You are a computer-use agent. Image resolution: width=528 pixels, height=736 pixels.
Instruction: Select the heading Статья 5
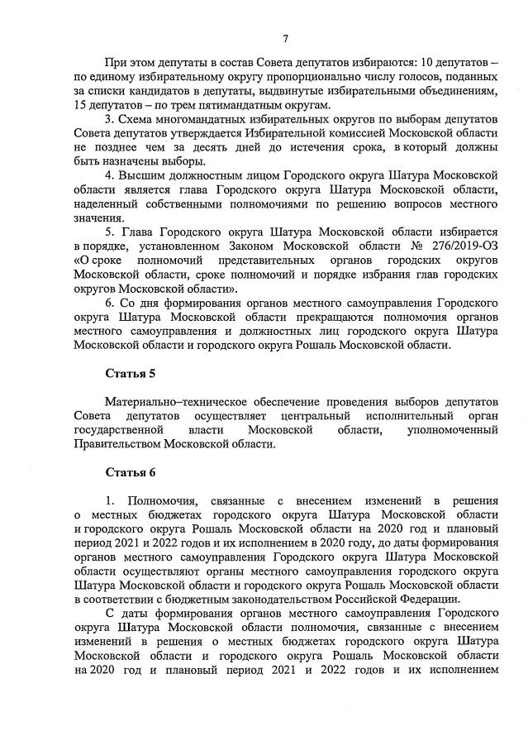click(130, 375)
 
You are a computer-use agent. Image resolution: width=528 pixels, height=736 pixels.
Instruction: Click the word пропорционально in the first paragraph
click(278, 75)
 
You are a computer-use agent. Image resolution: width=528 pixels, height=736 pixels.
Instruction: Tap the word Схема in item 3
click(137, 119)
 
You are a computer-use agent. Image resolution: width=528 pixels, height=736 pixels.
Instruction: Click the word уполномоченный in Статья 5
click(453, 430)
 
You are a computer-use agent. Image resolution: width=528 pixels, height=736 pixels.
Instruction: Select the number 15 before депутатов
click(80, 104)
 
